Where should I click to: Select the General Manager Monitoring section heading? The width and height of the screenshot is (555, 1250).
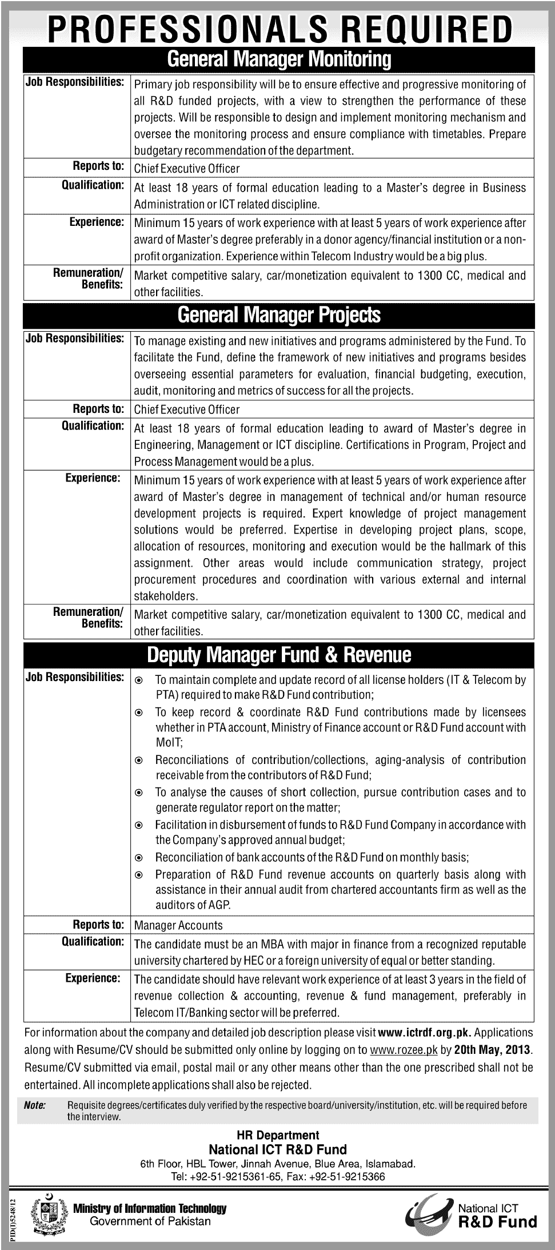(279, 59)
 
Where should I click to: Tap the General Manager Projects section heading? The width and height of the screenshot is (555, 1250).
(279, 315)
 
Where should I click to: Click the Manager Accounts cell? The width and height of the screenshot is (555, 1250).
(178, 925)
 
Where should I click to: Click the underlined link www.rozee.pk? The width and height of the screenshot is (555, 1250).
(404, 1050)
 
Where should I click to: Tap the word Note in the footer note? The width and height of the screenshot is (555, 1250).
(35, 1105)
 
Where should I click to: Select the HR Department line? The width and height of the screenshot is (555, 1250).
(278, 1135)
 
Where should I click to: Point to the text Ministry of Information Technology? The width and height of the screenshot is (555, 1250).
(150, 1209)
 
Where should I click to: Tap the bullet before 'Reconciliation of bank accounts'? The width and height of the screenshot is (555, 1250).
(138, 858)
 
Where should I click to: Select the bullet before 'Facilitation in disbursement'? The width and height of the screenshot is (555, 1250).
(138, 826)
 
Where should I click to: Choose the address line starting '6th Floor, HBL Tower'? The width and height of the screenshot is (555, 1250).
(278, 1164)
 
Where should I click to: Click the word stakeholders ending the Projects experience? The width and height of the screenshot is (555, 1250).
(166, 596)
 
